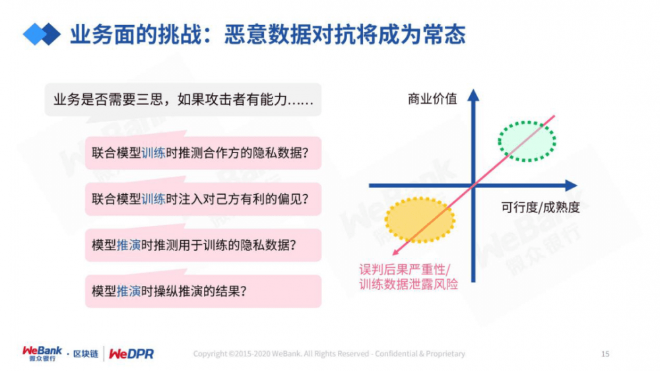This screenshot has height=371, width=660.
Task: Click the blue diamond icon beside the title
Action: click(42, 34)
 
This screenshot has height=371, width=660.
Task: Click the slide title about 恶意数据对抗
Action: click(267, 34)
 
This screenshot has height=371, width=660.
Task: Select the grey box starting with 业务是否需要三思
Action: click(183, 100)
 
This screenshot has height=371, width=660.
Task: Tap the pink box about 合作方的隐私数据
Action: click(203, 152)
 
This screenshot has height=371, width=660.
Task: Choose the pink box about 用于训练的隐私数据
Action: click(203, 245)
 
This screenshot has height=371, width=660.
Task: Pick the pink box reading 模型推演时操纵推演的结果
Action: click(203, 291)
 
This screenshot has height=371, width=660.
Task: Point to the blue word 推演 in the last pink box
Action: click(129, 291)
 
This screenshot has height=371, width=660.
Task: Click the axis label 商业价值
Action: click(432, 100)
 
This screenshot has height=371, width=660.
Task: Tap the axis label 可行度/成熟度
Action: click(540, 207)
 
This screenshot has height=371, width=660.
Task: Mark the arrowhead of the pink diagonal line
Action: click(395, 252)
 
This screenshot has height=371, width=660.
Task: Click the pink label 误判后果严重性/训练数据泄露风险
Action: click(408, 277)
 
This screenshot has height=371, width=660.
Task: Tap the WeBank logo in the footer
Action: click(43, 354)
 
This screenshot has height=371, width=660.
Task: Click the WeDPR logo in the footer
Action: click(131, 354)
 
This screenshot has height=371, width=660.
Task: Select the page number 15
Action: click(605, 354)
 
